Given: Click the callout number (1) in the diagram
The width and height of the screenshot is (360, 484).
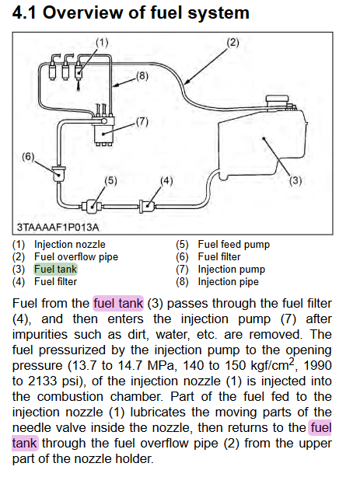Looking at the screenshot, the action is click(102, 42).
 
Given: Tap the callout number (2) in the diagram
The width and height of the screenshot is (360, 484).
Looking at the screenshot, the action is click(232, 42).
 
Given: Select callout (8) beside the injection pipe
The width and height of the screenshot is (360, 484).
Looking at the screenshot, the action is click(142, 75).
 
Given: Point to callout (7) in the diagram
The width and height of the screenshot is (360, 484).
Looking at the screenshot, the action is click(142, 122).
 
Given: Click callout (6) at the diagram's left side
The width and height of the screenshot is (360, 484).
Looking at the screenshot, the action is click(28, 157).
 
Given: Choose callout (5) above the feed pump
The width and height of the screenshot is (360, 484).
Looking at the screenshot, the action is click(110, 180).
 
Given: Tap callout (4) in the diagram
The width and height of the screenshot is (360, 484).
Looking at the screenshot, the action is click(166, 180).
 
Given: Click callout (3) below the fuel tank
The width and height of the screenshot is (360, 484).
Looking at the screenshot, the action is click(295, 180).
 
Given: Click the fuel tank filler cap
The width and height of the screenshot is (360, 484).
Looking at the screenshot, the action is click(277, 101).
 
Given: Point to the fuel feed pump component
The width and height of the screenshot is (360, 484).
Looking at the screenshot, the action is click(92, 206).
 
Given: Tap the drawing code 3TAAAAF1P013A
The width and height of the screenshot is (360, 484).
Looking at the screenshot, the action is click(58, 228).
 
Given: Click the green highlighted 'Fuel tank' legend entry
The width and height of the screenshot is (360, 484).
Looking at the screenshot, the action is click(56, 269).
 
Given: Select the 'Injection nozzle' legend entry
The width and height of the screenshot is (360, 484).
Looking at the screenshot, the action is click(70, 245).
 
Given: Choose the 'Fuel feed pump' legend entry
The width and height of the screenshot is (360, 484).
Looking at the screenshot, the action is click(234, 245).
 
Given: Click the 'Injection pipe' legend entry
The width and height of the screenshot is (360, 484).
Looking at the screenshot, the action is click(229, 282).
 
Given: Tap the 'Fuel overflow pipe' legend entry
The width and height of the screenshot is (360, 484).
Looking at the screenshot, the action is click(76, 257).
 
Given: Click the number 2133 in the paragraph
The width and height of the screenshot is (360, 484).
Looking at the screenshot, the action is click(42, 381).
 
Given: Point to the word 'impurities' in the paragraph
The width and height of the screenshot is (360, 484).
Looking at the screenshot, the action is click(40, 335).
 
